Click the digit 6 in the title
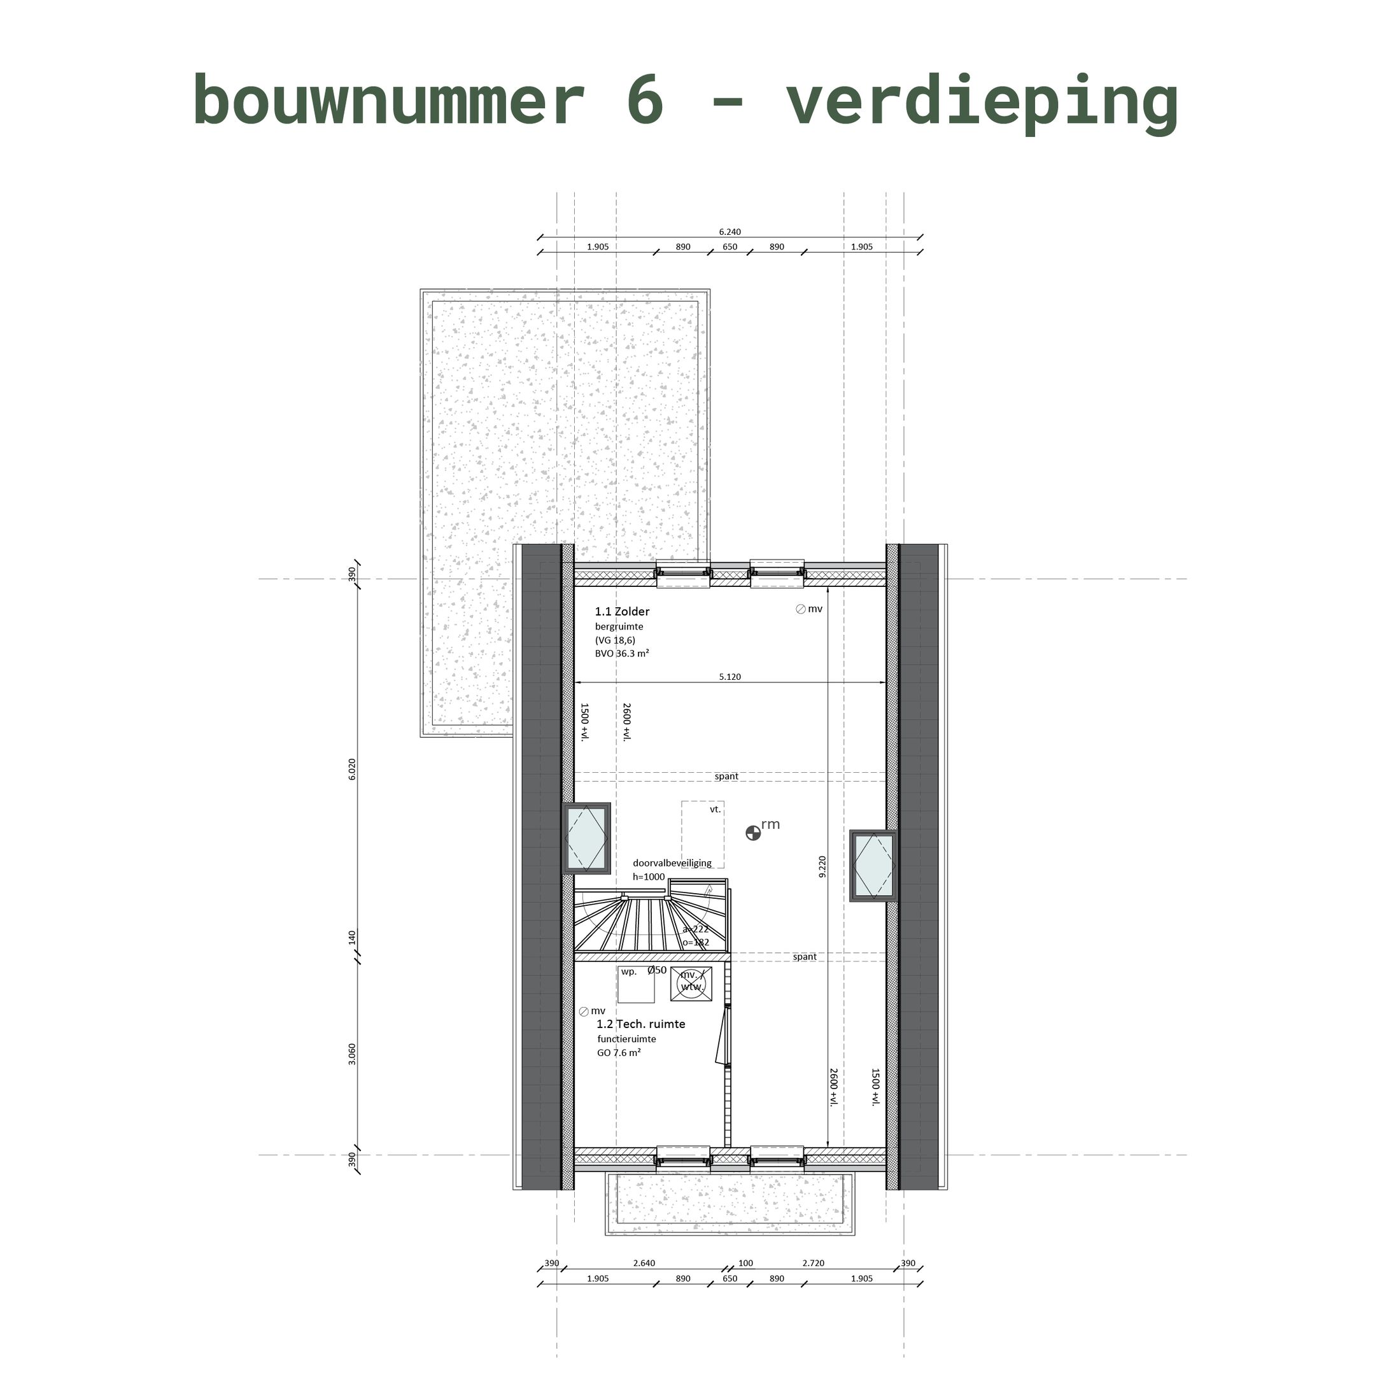tap(645, 101)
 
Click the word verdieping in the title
tap(982, 103)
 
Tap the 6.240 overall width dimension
tap(730, 232)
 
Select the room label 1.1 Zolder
tap(622, 611)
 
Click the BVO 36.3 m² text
tap(622, 653)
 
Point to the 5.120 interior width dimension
tap(730, 677)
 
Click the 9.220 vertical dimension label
tap(822, 867)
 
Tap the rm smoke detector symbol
tap(753, 833)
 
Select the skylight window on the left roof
tap(586, 838)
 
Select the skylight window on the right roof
tap(873, 866)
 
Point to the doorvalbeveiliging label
tap(672, 863)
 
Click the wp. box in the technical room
tap(635, 985)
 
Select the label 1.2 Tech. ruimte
tap(640, 1024)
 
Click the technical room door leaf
tap(722, 1036)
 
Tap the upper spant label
tap(726, 777)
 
